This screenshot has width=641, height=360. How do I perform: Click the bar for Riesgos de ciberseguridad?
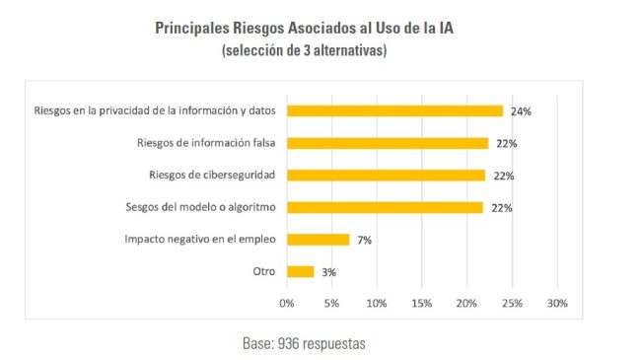[x=386, y=176]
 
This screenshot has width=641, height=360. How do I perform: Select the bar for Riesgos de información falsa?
[x=388, y=143]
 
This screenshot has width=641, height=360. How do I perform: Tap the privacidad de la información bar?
[x=394, y=110]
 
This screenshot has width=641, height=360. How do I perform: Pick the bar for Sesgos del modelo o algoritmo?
[x=385, y=207]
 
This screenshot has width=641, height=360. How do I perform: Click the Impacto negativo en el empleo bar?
[x=319, y=240]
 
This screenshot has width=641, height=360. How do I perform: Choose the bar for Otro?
[x=301, y=271]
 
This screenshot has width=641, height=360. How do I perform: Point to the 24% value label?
[x=521, y=111]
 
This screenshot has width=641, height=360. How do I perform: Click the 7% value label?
[x=364, y=240]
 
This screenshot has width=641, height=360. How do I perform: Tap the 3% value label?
[x=328, y=272]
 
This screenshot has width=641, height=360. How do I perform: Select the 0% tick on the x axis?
[x=287, y=303]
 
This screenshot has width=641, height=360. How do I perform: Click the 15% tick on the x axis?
[x=421, y=303]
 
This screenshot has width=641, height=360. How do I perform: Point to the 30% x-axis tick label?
[x=557, y=303]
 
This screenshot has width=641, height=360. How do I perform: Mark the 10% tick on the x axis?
[x=377, y=303]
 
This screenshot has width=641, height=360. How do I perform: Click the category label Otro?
[x=264, y=271]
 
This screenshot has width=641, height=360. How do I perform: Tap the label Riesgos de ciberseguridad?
[x=212, y=176]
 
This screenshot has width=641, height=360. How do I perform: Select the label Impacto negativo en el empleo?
[x=200, y=239]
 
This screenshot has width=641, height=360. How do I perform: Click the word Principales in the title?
[x=191, y=29]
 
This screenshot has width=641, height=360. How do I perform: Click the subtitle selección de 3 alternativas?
[x=304, y=50]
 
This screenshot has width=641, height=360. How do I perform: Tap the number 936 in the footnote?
[x=288, y=343]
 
